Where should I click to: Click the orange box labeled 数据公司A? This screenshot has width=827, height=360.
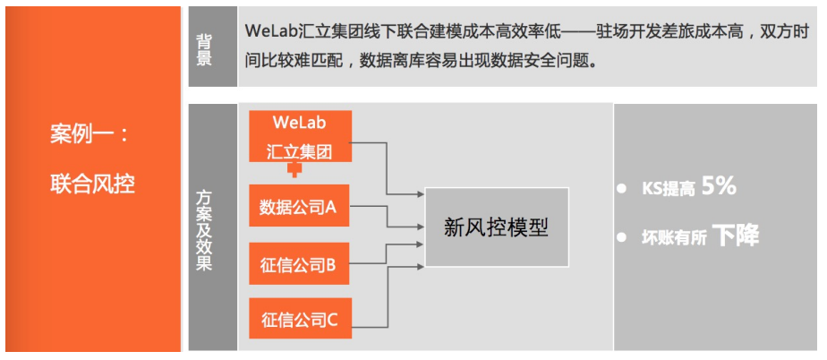299,208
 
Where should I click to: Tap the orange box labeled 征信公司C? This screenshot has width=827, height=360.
299,319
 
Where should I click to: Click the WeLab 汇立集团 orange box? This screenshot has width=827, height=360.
299,136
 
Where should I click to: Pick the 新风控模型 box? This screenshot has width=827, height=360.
496,227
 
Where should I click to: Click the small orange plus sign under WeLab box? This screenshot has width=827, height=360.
293,168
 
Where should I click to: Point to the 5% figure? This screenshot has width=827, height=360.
719,186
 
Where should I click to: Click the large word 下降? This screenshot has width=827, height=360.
736,236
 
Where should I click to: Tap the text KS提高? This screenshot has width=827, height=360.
667,189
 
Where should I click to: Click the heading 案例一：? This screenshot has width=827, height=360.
90,135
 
